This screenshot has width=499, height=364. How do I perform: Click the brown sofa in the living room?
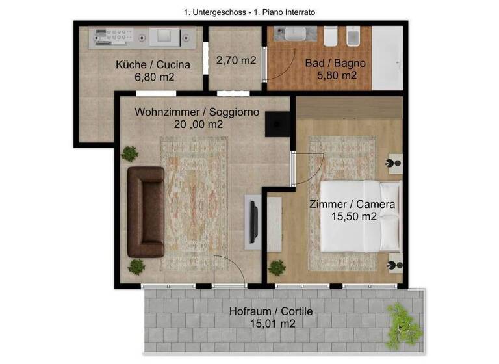click(145, 212)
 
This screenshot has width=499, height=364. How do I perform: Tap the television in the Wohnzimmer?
click(255, 221)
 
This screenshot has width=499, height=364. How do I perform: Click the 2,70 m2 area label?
click(235, 60)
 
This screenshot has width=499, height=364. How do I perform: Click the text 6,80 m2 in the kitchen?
click(154, 77)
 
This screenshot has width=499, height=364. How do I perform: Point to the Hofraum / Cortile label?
click(271, 311)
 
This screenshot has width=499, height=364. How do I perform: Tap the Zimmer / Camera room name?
click(352, 204)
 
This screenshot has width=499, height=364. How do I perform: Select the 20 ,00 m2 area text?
click(198, 124)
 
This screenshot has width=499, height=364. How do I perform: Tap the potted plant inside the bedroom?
click(277, 267)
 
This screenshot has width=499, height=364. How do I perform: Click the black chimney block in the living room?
click(279, 123)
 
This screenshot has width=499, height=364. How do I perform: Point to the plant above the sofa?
click(130, 154)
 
